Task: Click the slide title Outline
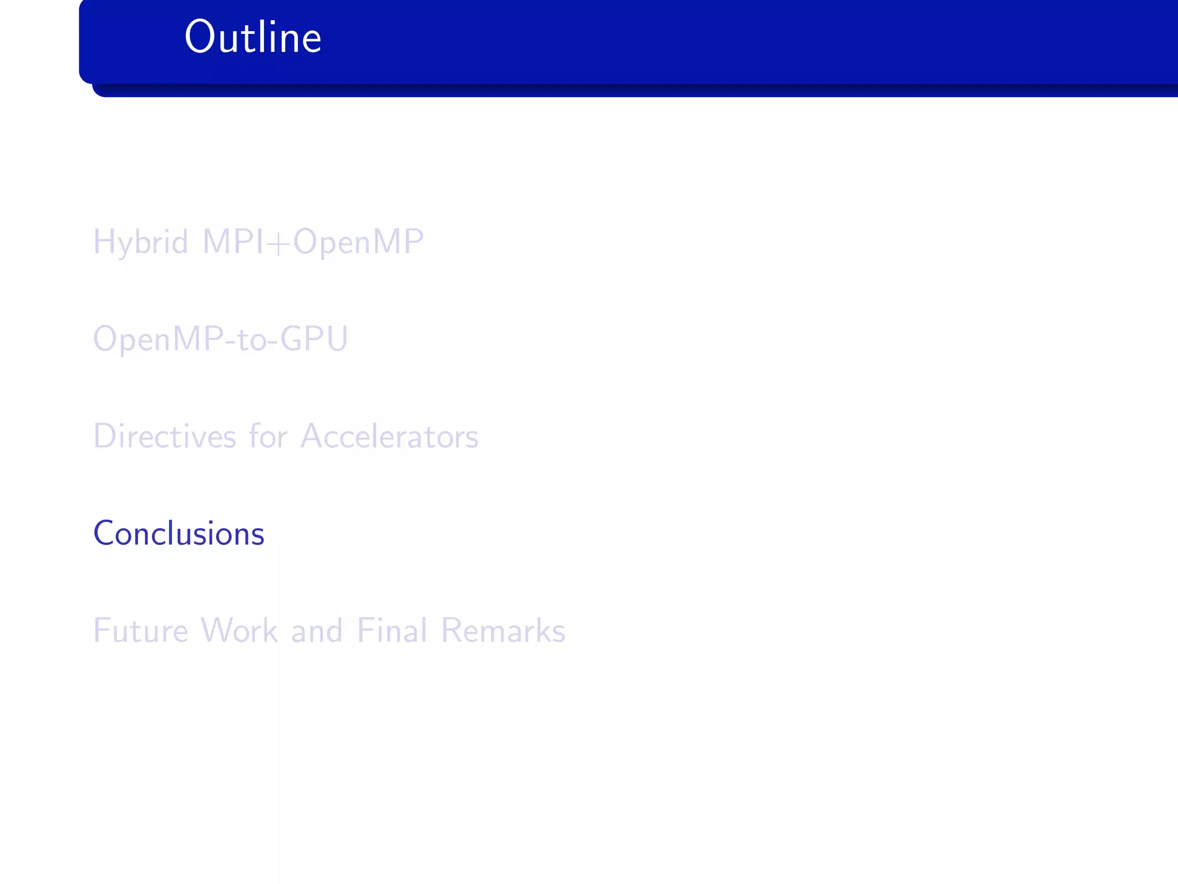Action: pyautogui.click(x=253, y=37)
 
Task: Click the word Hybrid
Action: pyautogui.click(x=140, y=242)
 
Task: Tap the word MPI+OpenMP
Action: pyautogui.click(x=313, y=242)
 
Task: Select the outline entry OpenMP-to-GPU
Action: pyautogui.click(x=220, y=339)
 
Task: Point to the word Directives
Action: pyautogui.click(x=165, y=436)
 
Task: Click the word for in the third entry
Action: pyautogui.click(x=268, y=436)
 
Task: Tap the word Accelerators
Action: pyautogui.click(x=389, y=436)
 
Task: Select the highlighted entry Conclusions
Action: pyautogui.click(x=179, y=534)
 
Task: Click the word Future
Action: pyautogui.click(x=140, y=631)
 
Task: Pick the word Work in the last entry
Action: pyautogui.click(x=239, y=631)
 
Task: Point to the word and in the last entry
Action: pyautogui.click(x=317, y=631)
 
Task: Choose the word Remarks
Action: pyautogui.click(x=503, y=631)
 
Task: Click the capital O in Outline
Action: pyautogui.click(x=199, y=37)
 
